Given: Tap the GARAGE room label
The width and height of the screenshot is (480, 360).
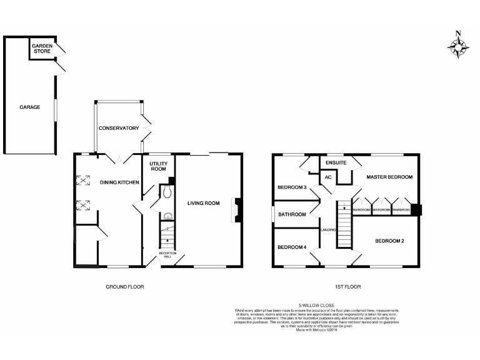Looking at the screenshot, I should [x=29, y=107].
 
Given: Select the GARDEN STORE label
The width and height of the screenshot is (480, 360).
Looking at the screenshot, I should [x=42, y=48].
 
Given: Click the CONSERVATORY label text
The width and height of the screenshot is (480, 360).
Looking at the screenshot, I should [x=118, y=128].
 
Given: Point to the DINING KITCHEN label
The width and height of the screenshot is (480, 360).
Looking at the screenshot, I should [x=119, y=182].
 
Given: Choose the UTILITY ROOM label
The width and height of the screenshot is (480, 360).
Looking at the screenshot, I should [x=158, y=166].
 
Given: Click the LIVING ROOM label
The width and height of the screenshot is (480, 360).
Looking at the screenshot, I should [x=204, y=202].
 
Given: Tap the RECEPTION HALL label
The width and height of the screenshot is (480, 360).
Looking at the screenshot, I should [x=166, y=254].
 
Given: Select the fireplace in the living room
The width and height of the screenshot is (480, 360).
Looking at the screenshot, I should [x=236, y=210].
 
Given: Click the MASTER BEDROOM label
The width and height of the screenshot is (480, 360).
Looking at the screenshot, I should [x=389, y=177].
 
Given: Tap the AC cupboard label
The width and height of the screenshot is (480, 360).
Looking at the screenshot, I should [x=327, y=177].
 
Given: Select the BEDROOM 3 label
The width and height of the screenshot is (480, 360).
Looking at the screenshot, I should [x=292, y=187].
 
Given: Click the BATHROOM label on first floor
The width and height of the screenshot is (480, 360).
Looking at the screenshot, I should [x=292, y=214].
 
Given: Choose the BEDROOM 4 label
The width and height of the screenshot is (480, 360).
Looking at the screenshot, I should [x=292, y=246].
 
